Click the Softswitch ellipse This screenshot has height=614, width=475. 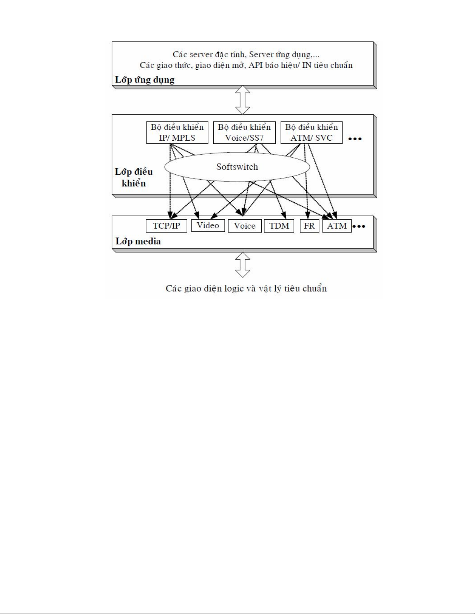click(x=237, y=167)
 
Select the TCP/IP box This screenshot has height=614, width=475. click(x=166, y=226)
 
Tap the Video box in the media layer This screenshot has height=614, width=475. click(x=208, y=225)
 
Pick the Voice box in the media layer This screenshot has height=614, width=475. click(x=244, y=226)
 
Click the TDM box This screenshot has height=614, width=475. click(x=279, y=226)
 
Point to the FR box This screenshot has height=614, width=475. click(x=309, y=226)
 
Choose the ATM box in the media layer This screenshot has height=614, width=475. click(x=337, y=226)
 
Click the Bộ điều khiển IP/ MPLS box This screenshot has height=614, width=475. click(x=177, y=132)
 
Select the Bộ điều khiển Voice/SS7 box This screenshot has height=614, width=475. click(x=244, y=132)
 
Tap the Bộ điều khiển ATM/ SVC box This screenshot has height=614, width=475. click(x=311, y=132)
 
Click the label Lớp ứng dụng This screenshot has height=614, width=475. click(x=145, y=80)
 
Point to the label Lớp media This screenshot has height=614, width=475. click(x=138, y=241)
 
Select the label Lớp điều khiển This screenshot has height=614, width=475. click(x=134, y=177)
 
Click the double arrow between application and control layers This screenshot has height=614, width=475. click(x=243, y=100)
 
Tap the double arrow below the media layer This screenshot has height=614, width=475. click(x=243, y=265)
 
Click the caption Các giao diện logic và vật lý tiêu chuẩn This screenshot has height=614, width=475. click(x=246, y=289)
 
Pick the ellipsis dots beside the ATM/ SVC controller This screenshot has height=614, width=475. click(x=355, y=139)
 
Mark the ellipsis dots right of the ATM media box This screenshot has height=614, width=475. click(x=359, y=226)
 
